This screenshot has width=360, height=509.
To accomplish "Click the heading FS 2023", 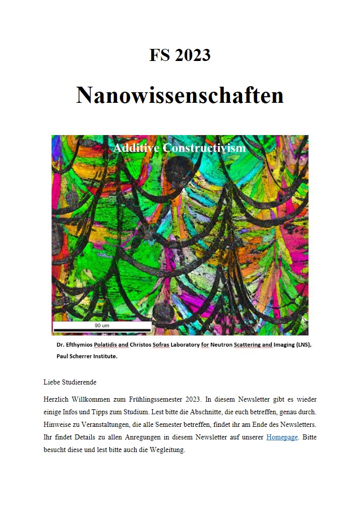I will (179, 54).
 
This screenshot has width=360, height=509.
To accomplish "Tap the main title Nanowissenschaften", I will (179, 95).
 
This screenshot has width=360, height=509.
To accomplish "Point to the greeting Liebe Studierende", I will (70, 382).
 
